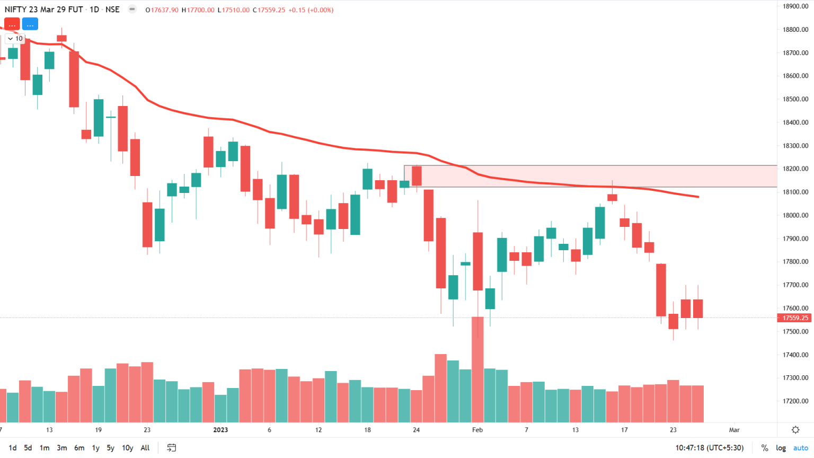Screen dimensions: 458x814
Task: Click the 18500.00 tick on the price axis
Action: pos(795,99)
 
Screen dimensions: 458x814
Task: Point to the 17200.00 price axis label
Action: pos(795,401)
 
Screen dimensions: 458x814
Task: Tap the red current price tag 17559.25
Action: pos(795,318)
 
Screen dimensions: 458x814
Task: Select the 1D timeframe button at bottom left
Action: pos(13,448)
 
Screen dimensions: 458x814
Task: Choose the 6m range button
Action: pos(79,448)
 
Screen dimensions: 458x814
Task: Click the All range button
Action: pos(145,448)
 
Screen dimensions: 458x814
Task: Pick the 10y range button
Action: pos(127,448)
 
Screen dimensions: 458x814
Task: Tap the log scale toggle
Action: pos(781,448)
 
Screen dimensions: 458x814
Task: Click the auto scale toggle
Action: pos(800,448)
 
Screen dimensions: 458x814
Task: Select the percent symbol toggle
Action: pos(764,448)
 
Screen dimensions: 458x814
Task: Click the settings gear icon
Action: pos(795,430)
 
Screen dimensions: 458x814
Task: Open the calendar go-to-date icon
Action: pos(171,448)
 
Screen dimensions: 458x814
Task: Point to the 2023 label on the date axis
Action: pos(220,430)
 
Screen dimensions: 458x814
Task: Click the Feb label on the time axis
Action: pos(477,430)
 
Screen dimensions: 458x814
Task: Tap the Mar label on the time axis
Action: pos(734,430)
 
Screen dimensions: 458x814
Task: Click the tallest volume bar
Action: pos(477,371)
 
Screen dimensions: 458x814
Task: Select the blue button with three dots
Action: pos(30,24)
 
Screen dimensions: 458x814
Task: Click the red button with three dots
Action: pos(12,24)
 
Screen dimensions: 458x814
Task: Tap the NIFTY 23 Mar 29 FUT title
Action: pos(43,10)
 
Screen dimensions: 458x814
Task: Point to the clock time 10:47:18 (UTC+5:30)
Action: pos(709,448)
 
